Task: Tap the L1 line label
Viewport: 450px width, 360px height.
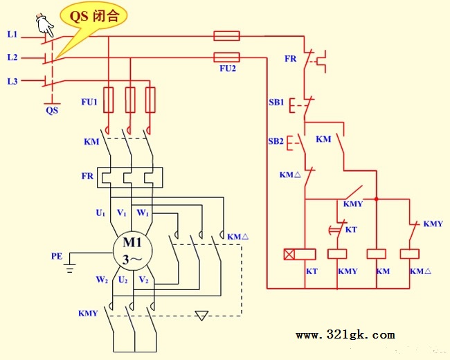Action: [x=12, y=35]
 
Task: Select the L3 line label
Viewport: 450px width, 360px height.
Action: [x=12, y=81]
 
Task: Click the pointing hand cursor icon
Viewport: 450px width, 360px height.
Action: [x=45, y=25]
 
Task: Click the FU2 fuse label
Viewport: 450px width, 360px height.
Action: [x=228, y=69]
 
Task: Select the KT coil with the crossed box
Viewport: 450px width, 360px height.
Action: [x=300, y=254]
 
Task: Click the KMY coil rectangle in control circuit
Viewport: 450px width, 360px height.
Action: [x=337, y=254]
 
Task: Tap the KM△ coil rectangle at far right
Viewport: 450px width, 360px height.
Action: [x=410, y=254]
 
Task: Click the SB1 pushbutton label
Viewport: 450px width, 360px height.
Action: [x=276, y=102]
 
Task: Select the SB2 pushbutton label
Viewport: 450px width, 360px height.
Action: [x=276, y=141]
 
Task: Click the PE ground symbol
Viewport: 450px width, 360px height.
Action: [x=70, y=268]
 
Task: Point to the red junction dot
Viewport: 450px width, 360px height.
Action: [x=377, y=199]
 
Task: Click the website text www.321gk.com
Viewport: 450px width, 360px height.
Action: [x=345, y=335]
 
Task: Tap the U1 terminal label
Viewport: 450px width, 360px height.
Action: [x=100, y=213]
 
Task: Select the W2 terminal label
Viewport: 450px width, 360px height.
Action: [x=102, y=280]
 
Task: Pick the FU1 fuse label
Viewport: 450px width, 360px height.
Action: [x=89, y=102]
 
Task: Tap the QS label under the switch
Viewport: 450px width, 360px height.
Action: [x=52, y=110]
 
